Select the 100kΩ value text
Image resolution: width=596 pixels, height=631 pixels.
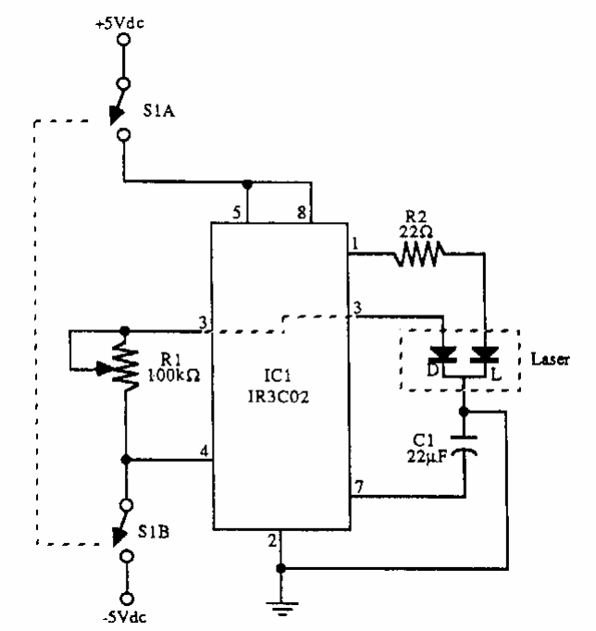[168, 377]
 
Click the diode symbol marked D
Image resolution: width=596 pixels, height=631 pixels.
[447, 354]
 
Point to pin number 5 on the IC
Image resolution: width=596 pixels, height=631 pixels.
[238, 213]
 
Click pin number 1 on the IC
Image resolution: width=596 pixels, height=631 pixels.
[354, 243]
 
